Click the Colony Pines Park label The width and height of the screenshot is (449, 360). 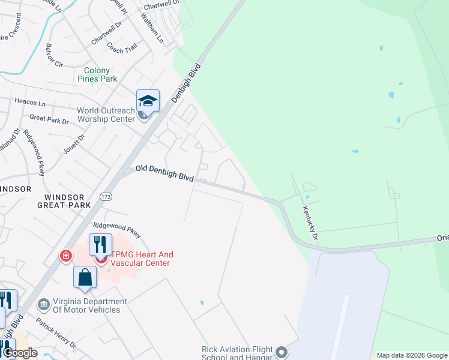97,74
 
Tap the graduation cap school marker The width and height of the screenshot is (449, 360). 147,100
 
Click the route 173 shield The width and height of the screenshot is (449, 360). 106,196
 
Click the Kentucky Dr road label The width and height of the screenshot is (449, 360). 309,220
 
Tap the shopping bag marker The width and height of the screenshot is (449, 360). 85,278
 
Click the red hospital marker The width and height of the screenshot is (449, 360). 65,257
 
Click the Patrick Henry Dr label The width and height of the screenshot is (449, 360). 55,334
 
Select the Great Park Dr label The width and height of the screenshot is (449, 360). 49,120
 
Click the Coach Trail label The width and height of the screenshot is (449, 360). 124,47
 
